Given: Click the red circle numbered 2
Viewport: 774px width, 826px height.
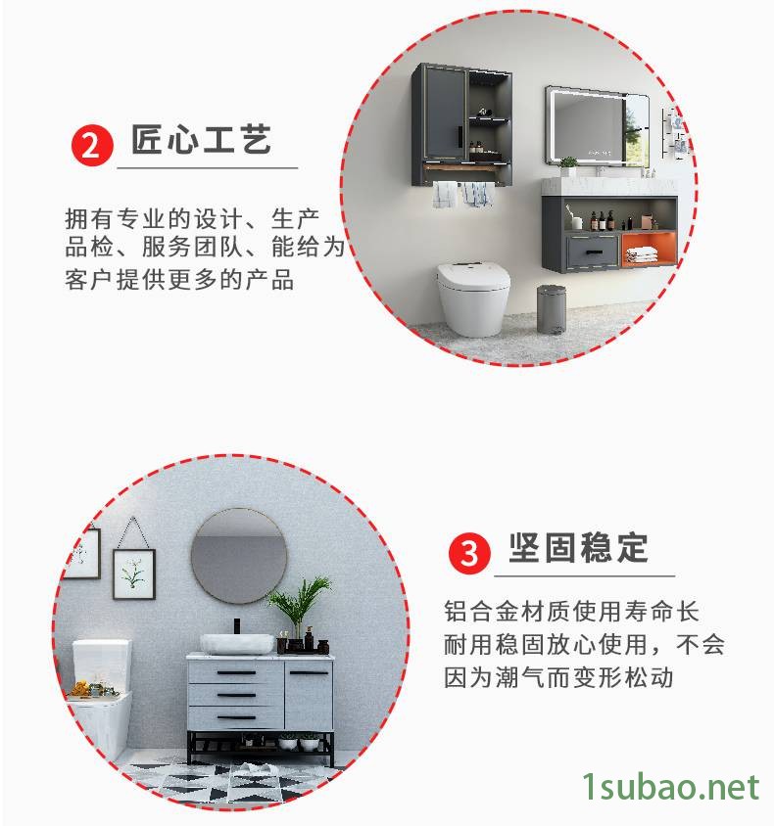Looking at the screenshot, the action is [x=92, y=145].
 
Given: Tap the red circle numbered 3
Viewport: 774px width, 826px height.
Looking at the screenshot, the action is [x=469, y=553].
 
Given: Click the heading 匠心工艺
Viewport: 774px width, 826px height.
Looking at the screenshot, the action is [x=202, y=140].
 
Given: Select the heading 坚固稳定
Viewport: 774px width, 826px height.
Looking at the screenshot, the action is [x=578, y=548].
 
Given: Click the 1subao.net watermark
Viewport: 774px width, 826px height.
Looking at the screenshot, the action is [x=671, y=787].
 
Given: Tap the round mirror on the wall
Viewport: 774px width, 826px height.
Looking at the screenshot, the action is [x=239, y=555].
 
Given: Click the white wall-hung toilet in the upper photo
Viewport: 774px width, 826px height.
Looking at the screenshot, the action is [x=473, y=298].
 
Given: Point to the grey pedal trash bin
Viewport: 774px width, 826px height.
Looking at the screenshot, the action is [x=552, y=308].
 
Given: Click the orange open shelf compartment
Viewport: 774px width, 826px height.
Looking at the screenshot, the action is [x=649, y=249].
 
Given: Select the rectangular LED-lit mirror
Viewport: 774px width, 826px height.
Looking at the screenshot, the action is [x=597, y=126].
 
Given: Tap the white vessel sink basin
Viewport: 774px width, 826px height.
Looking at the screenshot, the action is [x=237, y=643].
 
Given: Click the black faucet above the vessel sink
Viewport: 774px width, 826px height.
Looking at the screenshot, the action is [x=237, y=625].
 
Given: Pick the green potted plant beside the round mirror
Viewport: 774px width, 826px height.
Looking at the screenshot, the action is [x=300, y=606].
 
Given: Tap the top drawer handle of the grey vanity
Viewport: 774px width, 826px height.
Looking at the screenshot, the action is [x=237, y=672].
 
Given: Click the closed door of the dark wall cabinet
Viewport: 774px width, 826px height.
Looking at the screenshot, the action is [x=444, y=114].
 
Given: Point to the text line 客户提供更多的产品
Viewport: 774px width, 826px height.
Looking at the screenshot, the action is [x=179, y=280].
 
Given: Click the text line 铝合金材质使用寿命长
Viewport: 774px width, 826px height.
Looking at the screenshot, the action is [x=571, y=611].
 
